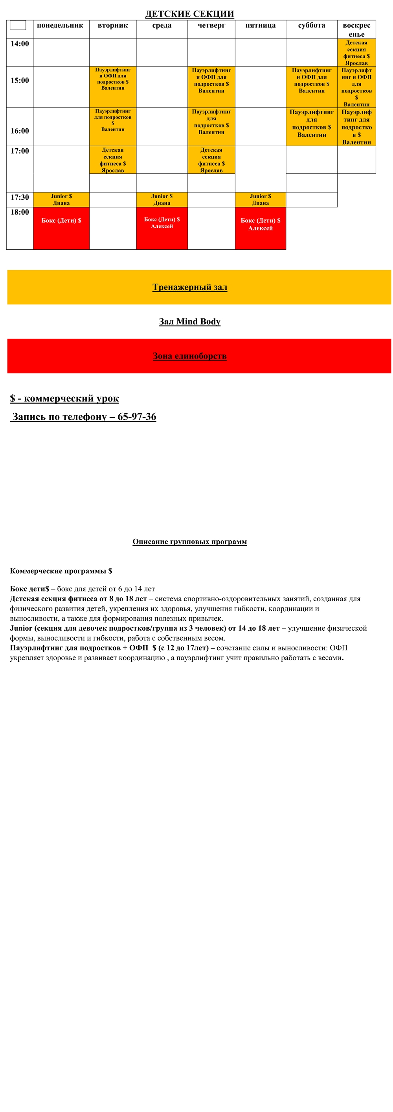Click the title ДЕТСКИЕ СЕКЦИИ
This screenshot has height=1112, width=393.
tap(189, 14)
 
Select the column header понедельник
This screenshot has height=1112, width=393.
tap(60, 26)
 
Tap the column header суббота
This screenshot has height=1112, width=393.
tap(312, 26)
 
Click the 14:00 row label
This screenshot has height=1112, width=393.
tap(20, 44)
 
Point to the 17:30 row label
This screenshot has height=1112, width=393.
tap(20, 197)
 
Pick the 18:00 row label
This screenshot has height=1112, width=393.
tap(20, 212)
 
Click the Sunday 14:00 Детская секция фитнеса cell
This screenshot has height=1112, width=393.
tap(356, 53)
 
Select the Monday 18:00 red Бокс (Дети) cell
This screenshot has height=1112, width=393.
tap(61, 228)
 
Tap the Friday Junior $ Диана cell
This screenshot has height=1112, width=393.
tap(260, 199)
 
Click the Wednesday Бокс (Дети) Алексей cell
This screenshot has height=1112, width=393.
tap(162, 228)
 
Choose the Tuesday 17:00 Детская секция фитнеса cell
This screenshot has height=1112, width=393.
tap(112, 160)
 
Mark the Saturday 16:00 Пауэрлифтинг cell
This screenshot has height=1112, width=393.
tap(312, 127)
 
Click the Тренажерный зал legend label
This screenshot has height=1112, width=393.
tap(190, 287)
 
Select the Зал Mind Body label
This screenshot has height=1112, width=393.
tap(190, 322)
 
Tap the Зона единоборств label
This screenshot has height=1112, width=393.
tap(190, 356)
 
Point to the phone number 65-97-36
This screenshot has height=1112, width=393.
tap(137, 416)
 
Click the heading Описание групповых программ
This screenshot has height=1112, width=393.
tap(189, 542)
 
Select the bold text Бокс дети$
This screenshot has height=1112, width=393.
tap(29, 589)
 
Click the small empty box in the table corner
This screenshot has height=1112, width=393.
tap(18, 26)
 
